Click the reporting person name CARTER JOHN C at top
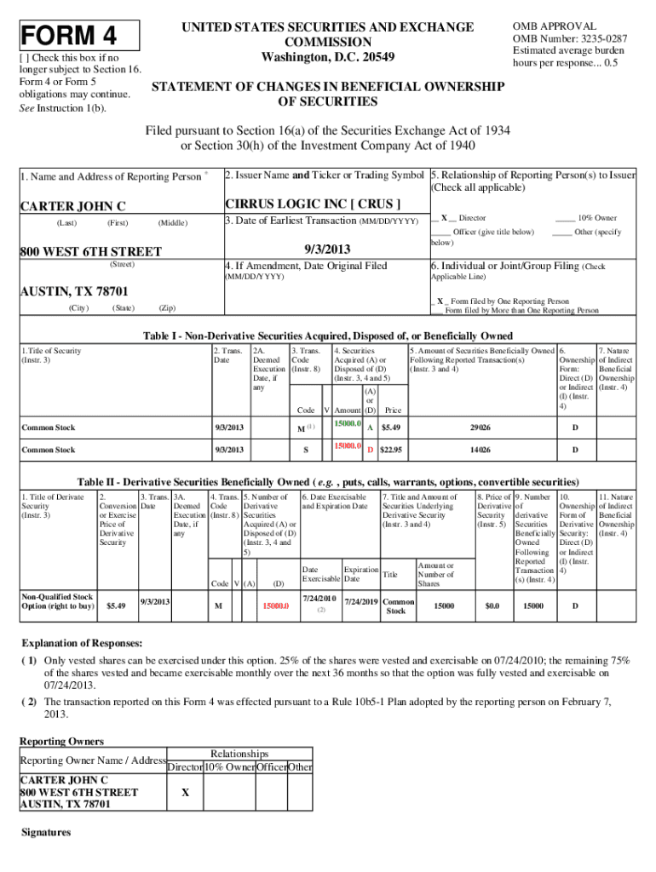click(x=72, y=206)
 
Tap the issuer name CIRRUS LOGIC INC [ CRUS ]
click(x=312, y=204)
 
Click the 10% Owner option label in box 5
click(x=596, y=218)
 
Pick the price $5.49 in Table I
click(x=391, y=427)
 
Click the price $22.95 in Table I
click(x=391, y=450)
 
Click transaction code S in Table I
click(x=305, y=450)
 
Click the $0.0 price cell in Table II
click(x=492, y=605)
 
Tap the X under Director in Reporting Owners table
click(x=184, y=791)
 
